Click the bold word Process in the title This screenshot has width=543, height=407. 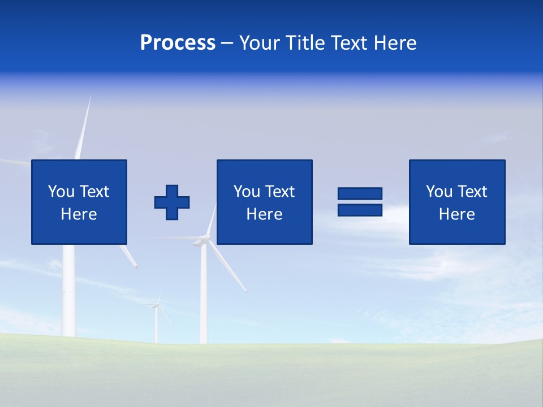click(x=178, y=43)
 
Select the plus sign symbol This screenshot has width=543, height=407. click(x=172, y=202)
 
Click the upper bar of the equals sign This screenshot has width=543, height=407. click(x=360, y=194)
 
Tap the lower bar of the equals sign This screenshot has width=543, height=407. click(x=360, y=210)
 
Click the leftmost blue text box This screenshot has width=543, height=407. click(x=79, y=202)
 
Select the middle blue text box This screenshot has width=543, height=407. click(x=264, y=202)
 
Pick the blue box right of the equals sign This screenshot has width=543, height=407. click(x=456, y=202)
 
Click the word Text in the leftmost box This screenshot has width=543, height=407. click(x=94, y=192)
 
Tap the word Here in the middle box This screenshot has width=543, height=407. click(x=264, y=214)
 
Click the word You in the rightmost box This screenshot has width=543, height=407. click(x=439, y=192)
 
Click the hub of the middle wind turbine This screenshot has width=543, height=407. click(x=201, y=242)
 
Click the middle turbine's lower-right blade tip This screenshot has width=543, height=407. click(x=246, y=291)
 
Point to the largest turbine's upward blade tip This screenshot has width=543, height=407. click(x=89, y=97)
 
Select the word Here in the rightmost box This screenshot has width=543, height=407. click(x=456, y=214)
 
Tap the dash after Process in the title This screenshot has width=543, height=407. click(x=227, y=43)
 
